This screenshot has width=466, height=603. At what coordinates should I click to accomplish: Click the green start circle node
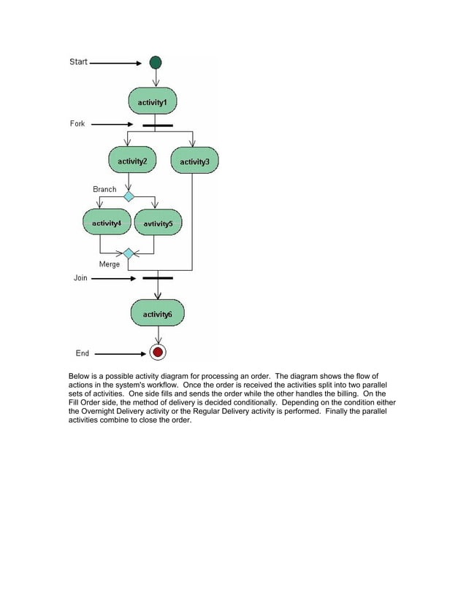pos(156,63)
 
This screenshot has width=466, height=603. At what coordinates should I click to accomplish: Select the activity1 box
pos(153,103)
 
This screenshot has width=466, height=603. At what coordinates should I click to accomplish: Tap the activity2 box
pos(132,161)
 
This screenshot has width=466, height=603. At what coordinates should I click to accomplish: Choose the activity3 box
pos(194,161)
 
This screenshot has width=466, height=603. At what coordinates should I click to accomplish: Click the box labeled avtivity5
pos(158,223)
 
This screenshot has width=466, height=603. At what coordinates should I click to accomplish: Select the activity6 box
pos(157,314)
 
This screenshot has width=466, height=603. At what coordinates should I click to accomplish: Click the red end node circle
pos(157,353)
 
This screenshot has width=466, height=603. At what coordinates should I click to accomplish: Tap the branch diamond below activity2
pos(129,196)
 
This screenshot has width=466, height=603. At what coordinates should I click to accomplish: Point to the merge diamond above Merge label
pos(128,254)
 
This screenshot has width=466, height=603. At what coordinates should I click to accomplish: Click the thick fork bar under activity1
pos(157,126)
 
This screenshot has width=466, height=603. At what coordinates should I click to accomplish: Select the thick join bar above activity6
pos(157,278)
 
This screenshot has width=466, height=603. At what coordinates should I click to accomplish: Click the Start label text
pos(78,62)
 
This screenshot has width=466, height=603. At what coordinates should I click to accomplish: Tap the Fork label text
pos(77,124)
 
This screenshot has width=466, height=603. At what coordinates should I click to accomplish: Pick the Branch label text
pos(104,189)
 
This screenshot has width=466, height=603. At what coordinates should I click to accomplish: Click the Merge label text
pos(110,264)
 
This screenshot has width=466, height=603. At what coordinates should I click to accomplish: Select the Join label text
pos(80,278)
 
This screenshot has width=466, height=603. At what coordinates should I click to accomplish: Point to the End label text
pos(83,353)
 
